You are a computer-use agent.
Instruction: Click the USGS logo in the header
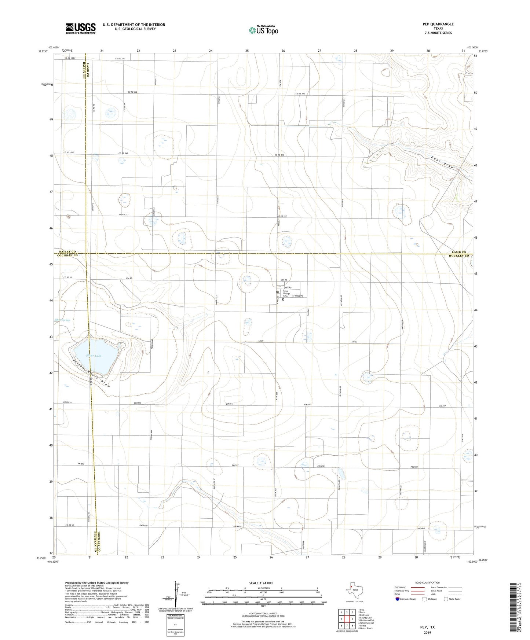[80, 28]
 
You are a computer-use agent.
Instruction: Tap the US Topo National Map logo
[263, 30]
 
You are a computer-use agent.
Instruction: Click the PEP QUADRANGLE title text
[438, 24]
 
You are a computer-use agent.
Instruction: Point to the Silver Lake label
[93, 356]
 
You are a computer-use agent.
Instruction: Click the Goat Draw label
[442, 163]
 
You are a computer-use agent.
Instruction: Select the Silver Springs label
[62, 320]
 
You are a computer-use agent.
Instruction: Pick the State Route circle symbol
[446, 599]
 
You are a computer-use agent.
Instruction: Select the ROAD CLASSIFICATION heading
[427, 582]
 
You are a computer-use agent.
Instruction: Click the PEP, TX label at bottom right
[428, 627]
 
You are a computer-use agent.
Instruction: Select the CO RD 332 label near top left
[133, 92]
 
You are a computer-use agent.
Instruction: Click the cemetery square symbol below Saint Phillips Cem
[283, 299]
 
